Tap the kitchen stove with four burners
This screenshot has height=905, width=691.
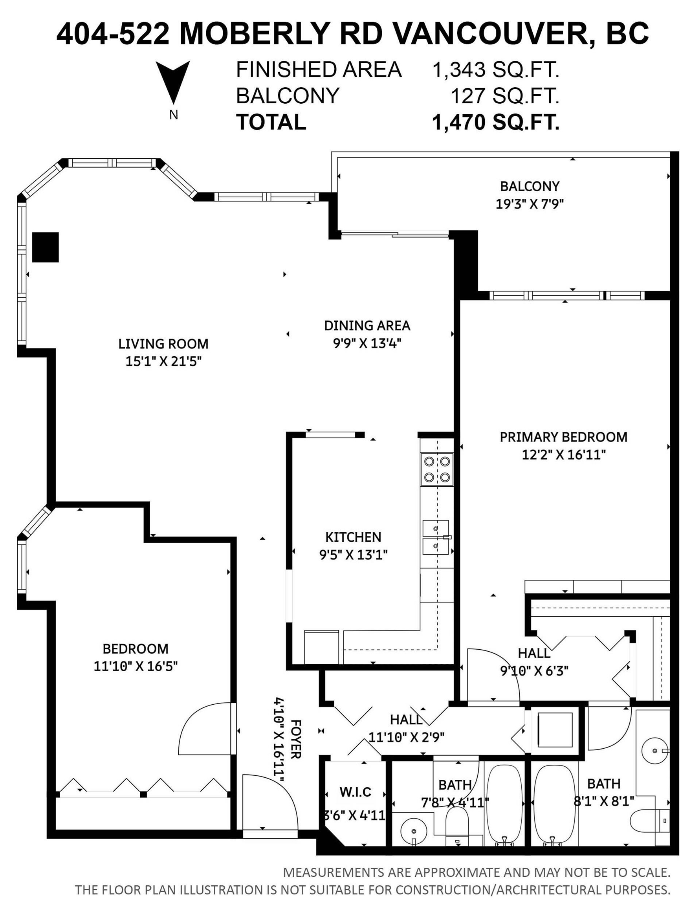click(437, 469)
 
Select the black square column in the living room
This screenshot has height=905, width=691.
click(46, 247)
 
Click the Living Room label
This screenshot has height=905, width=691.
click(163, 344)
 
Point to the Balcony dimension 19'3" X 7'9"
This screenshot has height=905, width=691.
click(530, 204)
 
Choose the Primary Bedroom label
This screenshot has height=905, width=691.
click(563, 437)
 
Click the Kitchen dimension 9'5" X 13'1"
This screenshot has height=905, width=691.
click(353, 555)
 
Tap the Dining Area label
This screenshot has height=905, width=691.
click(367, 326)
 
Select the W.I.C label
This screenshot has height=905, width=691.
click(356, 792)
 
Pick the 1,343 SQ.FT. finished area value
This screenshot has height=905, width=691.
click(496, 70)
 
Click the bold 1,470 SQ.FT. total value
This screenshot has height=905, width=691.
click(496, 122)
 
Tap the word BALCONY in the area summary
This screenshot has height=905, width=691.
click(288, 96)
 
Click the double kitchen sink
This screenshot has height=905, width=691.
click(436, 537)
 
